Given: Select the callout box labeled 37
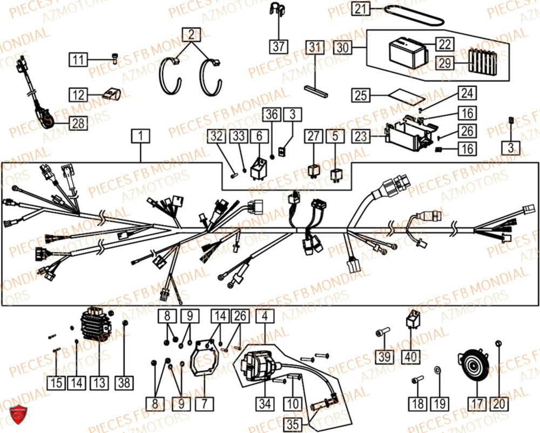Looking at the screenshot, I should [278, 46].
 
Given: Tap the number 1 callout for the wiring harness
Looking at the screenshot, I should [140, 138].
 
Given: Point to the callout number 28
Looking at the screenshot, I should [78, 124].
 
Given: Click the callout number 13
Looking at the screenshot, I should [98, 383].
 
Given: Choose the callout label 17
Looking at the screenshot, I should [477, 403].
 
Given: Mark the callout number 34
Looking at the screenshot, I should [265, 403].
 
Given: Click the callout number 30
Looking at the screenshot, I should [343, 48].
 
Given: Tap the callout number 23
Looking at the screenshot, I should [361, 137].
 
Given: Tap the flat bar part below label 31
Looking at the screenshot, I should [316, 90].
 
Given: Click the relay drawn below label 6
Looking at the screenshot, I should [258, 157].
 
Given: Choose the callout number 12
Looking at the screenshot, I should [78, 95].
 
